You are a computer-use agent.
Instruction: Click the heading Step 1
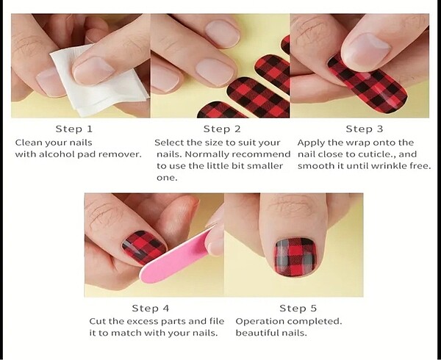coord(74,129)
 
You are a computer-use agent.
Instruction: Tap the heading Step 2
coord(222,129)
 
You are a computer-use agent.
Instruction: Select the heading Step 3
coord(365,129)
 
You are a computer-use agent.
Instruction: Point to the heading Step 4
coord(151,309)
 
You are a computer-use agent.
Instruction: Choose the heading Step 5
coord(298,309)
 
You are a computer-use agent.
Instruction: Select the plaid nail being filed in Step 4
coord(143,247)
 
